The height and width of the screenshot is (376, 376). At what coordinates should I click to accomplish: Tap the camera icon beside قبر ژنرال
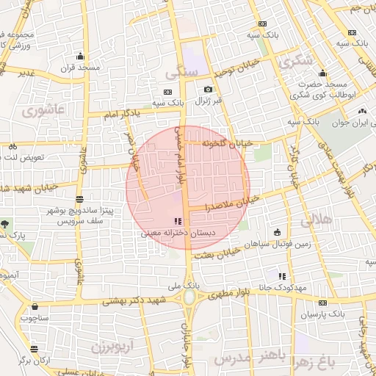[208, 90]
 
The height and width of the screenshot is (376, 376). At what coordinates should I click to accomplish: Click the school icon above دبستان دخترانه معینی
[177, 221]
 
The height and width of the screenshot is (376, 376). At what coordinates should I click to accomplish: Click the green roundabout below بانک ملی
[190, 297]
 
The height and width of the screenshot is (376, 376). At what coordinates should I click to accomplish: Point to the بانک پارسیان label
[322, 314]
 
